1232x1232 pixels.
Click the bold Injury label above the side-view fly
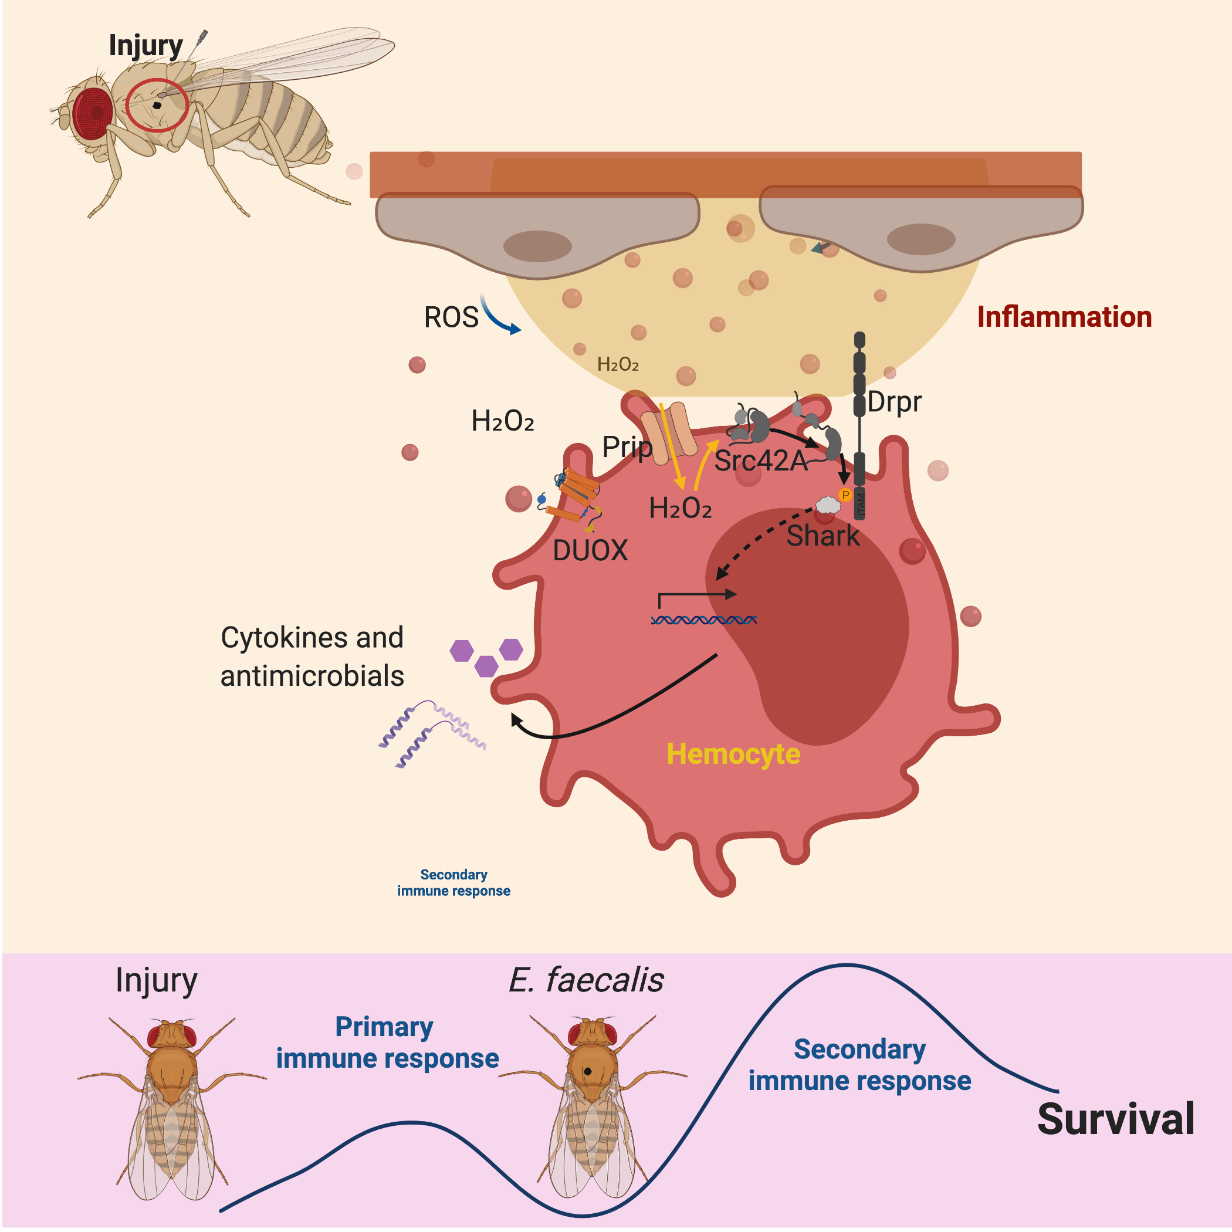(x=145, y=46)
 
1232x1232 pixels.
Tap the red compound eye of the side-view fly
(x=93, y=113)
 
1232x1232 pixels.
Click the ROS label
(x=451, y=317)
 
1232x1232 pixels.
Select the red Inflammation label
(x=1064, y=317)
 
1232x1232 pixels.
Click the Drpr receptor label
(x=894, y=402)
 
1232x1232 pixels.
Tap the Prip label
(x=627, y=447)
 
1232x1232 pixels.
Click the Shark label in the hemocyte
(x=823, y=536)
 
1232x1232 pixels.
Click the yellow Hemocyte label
(x=733, y=754)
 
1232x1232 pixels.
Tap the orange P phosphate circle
(x=845, y=495)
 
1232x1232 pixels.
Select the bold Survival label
(x=1115, y=1119)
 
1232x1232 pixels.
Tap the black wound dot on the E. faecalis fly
(x=587, y=1071)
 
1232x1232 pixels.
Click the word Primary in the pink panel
(x=384, y=1027)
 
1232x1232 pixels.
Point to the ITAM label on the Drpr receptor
(x=860, y=505)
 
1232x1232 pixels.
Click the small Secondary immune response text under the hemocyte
(x=453, y=882)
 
